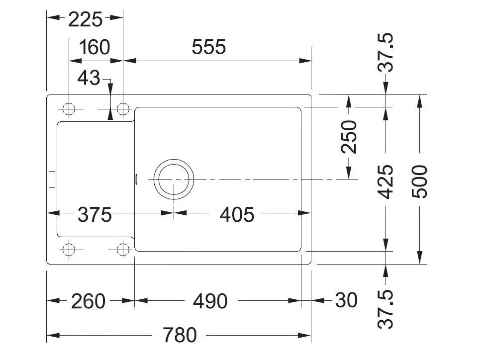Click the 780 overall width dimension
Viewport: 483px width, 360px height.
point(180,335)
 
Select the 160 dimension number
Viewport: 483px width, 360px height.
point(94,48)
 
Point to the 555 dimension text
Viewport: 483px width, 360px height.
point(208,48)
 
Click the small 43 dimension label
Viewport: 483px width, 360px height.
point(90,78)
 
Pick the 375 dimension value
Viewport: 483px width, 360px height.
point(95,215)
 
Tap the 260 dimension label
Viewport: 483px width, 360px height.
point(89,301)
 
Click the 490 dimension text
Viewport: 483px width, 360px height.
point(210,301)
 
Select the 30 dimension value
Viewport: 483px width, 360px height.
point(346,300)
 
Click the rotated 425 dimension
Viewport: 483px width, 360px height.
point(387,182)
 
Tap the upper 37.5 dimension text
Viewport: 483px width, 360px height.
point(387,53)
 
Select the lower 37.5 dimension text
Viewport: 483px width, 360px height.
point(387,309)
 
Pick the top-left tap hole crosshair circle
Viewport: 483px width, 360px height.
point(69,109)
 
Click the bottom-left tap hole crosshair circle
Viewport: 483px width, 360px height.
point(69,249)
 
